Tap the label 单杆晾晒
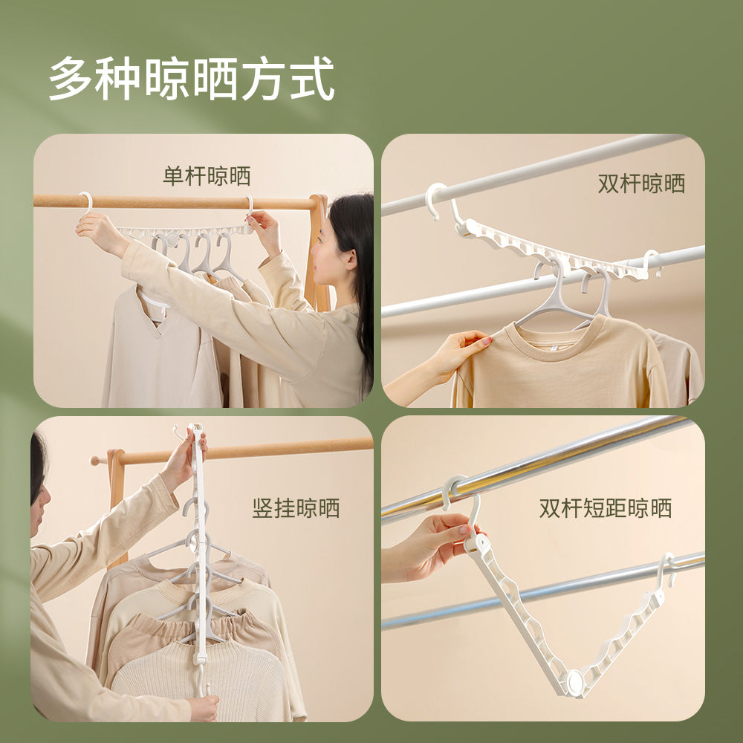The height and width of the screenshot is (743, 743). click(207, 176)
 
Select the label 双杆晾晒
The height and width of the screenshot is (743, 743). click(641, 184)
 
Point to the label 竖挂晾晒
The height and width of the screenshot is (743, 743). click(296, 508)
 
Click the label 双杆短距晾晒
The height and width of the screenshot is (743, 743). click(605, 508)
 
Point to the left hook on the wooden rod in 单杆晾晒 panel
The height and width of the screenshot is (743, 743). click(87, 204)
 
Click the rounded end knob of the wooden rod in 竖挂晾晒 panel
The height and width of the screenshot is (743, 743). click(95, 460)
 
